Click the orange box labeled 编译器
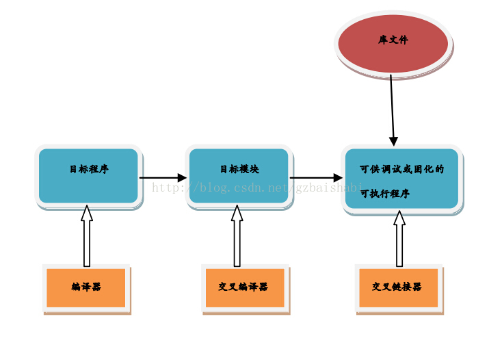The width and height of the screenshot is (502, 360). click(86, 287)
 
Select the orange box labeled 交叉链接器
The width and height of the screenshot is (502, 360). click(398, 287)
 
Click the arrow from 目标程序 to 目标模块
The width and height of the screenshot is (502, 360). click(161, 178)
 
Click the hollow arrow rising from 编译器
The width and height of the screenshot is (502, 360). click(87, 236)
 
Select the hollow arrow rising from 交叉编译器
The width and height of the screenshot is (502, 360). click(237, 236)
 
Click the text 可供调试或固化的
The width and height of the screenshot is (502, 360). click(402, 169)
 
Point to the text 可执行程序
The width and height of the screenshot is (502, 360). click(385, 194)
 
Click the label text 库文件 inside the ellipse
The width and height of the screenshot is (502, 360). click(393, 40)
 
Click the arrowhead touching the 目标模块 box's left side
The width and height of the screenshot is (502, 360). click(182, 178)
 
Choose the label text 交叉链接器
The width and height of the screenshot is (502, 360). click(397, 287)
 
